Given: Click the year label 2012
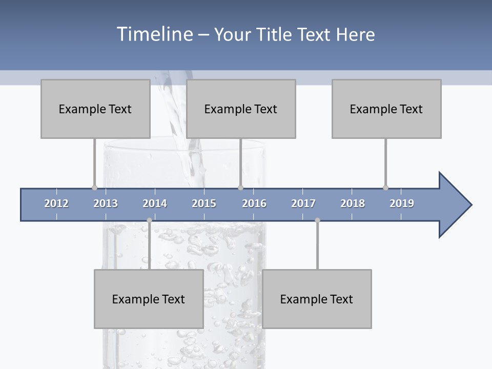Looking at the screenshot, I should pyautogui.click(x=56, y=203).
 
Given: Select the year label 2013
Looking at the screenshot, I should pyautogui.click(x=106, y=203).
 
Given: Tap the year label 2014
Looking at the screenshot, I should pyautogui.click(x=155, y=203).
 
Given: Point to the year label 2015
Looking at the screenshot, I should pyautogui.click(x=204, y=203).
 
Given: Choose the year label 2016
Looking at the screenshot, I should pyautogui.click(x=254, y=203).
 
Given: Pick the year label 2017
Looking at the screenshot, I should pyautogui.click(x=303, y=203).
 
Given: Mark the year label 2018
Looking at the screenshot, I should pyautogui.click(x=353, y=203).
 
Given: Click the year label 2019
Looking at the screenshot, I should pyautogui.click(x=402, y=203).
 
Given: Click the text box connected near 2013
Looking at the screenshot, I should pyautogui.click(x=95, y=109).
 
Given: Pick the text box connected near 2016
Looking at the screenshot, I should pyautogui.click(x=241, y=109).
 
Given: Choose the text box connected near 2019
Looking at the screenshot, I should pyautogui.click(x=386, y=109).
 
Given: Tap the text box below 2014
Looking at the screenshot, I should pyautogui.click(x=149, y=299).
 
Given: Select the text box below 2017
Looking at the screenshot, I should pyautogui.click(x=317, y=299).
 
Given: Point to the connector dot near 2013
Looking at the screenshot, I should pyautogui.click(x=94, y=188).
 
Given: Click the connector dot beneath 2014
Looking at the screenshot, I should pyautogui.click(x=149, y=220).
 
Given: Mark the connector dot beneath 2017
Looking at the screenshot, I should pyautogui.click(x=317, y=220).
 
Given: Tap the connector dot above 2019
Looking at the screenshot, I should pyautogui.click(x=385, y=188).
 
